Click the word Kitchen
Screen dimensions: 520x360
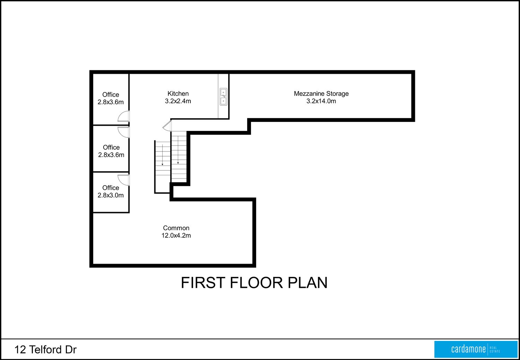[x=178, y=94]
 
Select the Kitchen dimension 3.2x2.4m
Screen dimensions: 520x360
[x=178, y=101]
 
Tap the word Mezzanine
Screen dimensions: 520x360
[x=309, y=94]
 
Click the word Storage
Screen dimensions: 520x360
[x=338, y=94]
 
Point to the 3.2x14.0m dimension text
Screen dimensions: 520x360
[x=321, y=101]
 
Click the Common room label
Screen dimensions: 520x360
[x=176, y=228]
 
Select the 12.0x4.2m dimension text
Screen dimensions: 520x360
[x=176, y=236]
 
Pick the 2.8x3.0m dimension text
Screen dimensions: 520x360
[x=111, y=195]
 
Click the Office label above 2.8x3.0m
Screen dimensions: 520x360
[x=111, y=188]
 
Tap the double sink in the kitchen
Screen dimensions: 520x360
[x=223, y=97]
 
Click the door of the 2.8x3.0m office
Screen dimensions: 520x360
[x=124, y=180]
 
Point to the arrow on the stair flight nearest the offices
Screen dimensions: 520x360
[x=163, y=155]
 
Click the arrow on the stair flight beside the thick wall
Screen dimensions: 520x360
[x=178, y=150]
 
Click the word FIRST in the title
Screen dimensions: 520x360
[x=203, y=282]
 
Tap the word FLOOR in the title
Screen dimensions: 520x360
[x=257, y=282]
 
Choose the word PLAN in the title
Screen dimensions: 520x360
[x=308, y=282]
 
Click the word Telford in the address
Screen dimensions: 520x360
[x=45, y=350]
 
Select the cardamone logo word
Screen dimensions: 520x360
[x=468, y=349]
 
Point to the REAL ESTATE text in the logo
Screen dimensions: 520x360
[x=495, y=350]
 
